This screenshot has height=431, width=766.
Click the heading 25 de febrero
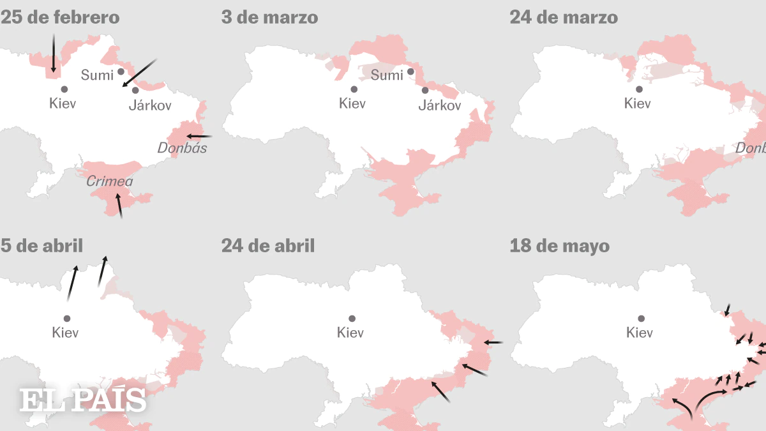(x=60, y=18)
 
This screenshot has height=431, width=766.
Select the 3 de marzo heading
(x=269, y=18)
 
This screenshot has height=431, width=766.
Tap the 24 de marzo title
(x=563, y=18)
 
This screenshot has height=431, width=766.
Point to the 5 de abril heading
(x=41, y=246)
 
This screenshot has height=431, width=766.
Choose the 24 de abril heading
(x=268, y=246)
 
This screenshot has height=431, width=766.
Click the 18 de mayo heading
(x=559, y=246)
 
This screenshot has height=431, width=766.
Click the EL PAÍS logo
(x=82, y=400)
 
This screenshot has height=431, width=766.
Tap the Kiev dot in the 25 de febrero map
(x=63, y=90)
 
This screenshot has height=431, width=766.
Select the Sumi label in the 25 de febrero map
(x=97, y=75)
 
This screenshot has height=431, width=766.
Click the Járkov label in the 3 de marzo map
(x=439, y=105)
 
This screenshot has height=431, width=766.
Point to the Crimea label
(x=109, y=182)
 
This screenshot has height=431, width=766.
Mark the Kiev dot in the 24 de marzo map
(x=638, y=89)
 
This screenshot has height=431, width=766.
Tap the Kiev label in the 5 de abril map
(x=65, y=333)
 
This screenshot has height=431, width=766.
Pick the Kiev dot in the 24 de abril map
(x=352, y=318)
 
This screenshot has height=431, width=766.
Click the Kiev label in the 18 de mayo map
(x=640, y=333)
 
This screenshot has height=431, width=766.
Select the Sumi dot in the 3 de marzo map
(x=411, y=72)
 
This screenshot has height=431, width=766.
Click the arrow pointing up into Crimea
(x=118, y=206)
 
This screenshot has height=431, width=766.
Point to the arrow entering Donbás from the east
(x=199, y=136)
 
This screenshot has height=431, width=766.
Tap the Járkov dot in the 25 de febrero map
(x=135, y=90)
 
